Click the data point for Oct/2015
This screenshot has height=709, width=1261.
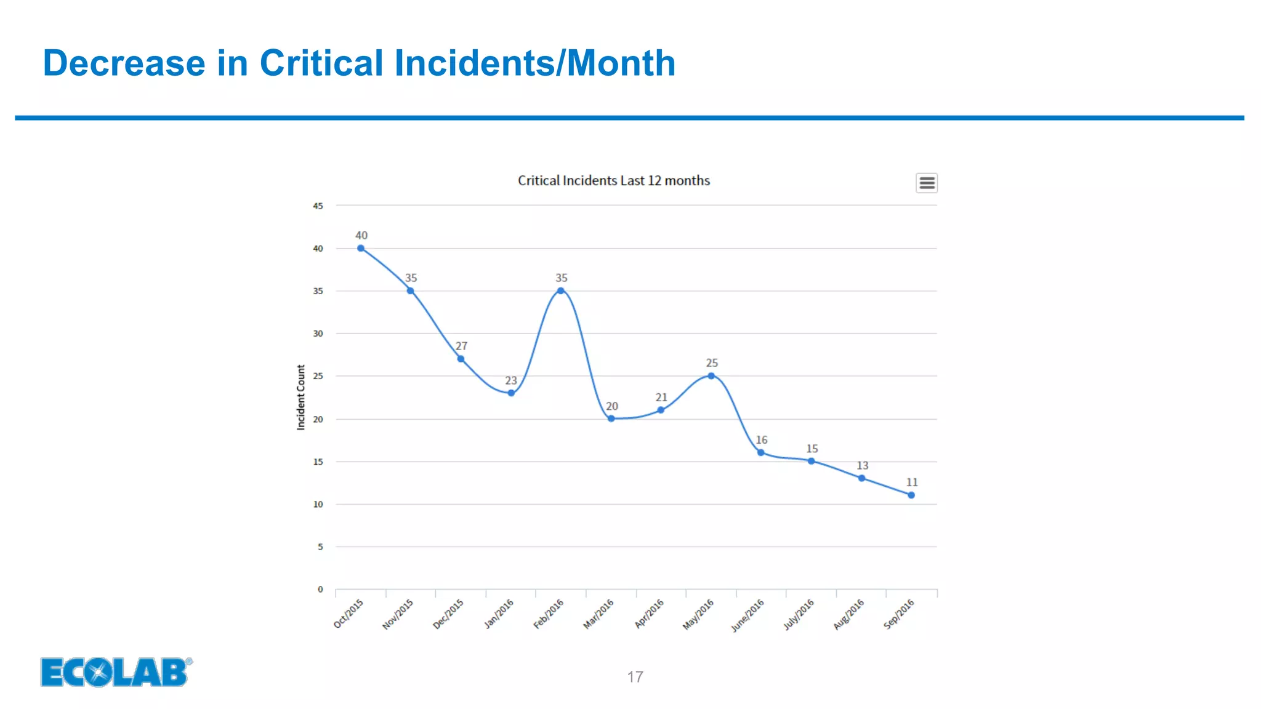pos(361,249)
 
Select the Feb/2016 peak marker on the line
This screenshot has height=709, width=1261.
pos(560,291)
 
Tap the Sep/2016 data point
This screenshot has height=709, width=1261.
pos(911,495)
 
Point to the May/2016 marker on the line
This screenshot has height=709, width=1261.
pos(711,376)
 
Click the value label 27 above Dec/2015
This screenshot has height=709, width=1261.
pos(461,346)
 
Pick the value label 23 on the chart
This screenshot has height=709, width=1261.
pos(511,380)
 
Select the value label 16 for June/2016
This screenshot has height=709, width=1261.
pos(762,440)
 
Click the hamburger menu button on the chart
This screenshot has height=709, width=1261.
pos(927,183)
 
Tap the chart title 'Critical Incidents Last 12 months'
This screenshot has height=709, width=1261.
pos(613,180)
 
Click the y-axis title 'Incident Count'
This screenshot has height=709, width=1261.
pos(301,397)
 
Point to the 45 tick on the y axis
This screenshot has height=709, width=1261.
pos(318,206)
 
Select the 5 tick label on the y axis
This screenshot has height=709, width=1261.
pos(320,547)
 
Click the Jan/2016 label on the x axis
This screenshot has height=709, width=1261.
pos(499,614)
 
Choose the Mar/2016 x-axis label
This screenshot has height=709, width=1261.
pos(598,614)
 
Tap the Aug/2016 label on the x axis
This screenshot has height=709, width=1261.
pos(849,614)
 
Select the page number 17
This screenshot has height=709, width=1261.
pos(635,677)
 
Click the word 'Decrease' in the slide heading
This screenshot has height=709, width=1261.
pos(124,63)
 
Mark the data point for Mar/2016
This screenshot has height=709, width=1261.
pos(611,419)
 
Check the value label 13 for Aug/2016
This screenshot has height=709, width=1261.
pos(863,465)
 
